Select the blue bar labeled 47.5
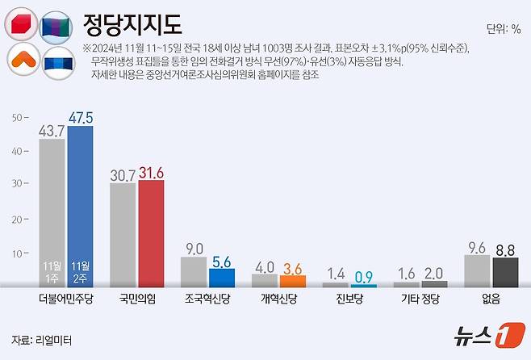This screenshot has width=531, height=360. click(x=80, y=206)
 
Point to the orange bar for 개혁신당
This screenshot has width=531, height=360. click(x=293, y=281)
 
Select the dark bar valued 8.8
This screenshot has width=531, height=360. click(x=505, y=272)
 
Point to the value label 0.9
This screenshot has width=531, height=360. click(x=363, y=274)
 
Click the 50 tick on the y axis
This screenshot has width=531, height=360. click(x=15, y=118)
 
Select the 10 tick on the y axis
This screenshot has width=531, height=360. click(x=15, y=253)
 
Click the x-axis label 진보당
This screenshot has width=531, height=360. click(x=349, y=298)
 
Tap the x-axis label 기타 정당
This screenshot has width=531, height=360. click(x=420, y=298)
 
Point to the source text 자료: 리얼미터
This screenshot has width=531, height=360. click(x=41, y=340)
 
